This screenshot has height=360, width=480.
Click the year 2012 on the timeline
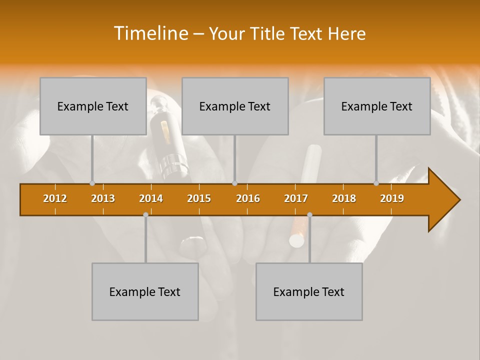[x=55, y=198]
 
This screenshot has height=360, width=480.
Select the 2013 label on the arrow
[x=103, y=198]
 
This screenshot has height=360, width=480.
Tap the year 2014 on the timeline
[x=151, y=198]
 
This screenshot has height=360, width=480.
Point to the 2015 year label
[x=199, y=198]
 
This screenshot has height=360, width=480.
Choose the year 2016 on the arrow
[x=248, y=198]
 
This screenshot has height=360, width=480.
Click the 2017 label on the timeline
[x=296, y=198]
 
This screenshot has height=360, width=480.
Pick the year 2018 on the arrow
[x=344, y=198]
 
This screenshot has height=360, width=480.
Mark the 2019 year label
[x=392, y=198]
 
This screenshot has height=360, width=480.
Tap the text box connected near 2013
[x=93, y=106]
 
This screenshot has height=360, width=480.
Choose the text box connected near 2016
[x=235, y=106]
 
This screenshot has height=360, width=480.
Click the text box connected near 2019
[x=377, y=106]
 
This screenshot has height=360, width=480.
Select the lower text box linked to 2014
[x=145, y=291]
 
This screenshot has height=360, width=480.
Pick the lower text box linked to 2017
[x=309, y=291]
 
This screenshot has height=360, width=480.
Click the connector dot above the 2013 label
[x=92, y=183]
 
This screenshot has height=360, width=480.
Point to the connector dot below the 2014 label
[x=145, y=215]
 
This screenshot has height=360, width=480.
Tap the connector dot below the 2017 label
[x=309, y=215]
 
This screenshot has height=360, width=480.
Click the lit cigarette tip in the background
[x=296, y=241]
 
